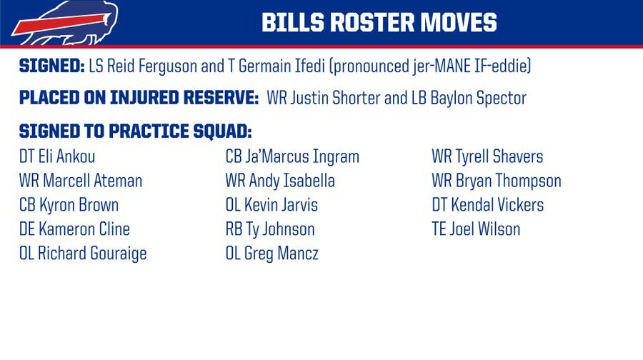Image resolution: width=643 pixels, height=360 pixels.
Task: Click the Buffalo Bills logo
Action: click(65, 23)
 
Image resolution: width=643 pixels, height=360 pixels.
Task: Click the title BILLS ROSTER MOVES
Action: click(379, 22)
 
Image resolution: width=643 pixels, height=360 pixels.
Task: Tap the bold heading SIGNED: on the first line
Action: click(51, 66)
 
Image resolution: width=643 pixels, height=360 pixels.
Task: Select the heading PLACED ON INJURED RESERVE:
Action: click(139, 98)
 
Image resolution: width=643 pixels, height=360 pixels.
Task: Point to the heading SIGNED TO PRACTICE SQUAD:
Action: click(135, 131)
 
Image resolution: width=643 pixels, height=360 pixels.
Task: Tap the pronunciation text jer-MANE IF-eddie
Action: click(469, 66)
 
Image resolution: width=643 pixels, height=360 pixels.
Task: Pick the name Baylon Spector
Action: click(478, 99)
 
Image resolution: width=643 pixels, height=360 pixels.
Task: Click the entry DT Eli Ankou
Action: click(57, 156)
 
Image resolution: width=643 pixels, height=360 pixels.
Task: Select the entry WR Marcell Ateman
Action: click(80, 181)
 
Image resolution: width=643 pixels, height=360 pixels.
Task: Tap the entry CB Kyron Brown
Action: click(69, 205)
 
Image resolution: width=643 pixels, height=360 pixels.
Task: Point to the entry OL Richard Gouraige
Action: click(83, 254)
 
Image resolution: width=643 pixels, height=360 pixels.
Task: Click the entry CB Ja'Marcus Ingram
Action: click(292, 156)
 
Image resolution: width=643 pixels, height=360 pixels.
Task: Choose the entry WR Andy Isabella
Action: click(280, 181)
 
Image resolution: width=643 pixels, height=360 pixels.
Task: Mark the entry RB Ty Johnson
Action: click(270, 229)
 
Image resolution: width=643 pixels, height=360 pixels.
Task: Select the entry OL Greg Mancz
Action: click(272, 254)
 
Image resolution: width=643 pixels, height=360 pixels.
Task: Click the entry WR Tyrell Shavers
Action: click(487, 156)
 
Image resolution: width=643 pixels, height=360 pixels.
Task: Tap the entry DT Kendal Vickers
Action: click(487, 205)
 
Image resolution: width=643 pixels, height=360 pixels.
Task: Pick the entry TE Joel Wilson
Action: click(476, 229)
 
